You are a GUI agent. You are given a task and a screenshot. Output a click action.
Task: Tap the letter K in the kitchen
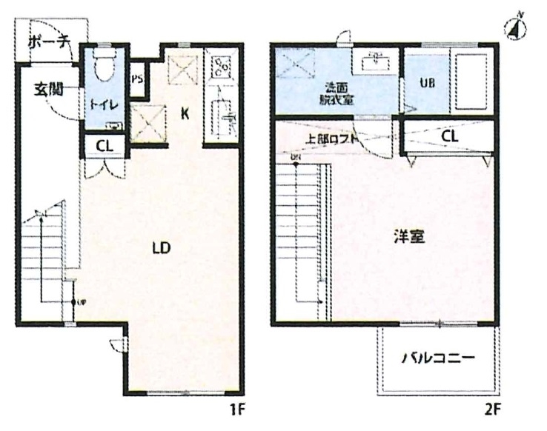[185, 113]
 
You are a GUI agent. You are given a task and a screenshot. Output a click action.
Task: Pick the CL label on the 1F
[104, 146]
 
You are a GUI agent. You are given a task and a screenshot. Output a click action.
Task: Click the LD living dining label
[161, 248]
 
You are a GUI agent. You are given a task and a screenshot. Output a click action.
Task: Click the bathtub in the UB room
[470, 81]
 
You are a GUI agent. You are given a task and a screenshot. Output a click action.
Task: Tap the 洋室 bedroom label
[408, 239]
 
